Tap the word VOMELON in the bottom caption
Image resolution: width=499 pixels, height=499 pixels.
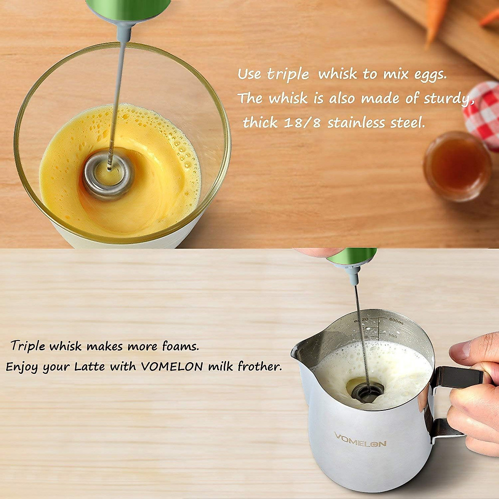point(172,367)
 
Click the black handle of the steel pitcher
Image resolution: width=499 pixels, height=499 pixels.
point(457,376)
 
